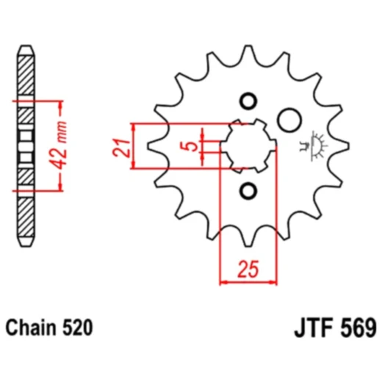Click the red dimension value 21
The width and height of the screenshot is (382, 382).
[120, 145]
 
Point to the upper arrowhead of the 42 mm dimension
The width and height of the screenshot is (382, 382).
[55, 102]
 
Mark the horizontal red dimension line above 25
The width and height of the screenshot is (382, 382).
[248, 280]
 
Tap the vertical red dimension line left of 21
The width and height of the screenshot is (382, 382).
[133, 145]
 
